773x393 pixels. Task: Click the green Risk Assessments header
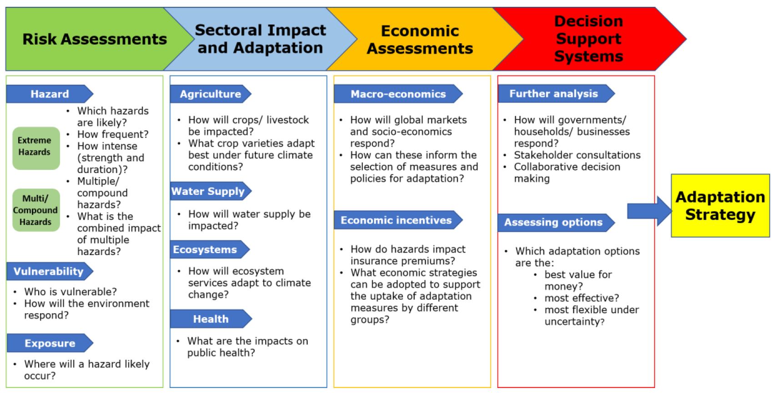tap(95, 39)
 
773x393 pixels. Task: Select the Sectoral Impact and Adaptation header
tap(260, 39)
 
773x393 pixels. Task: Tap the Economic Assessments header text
tap(420, 40)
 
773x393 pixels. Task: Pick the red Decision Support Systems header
tap(588, 39)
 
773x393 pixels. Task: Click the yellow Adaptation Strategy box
tap(720, 205)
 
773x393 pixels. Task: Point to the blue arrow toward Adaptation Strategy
tap(648, 211)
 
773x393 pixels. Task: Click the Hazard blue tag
tap(49, 94)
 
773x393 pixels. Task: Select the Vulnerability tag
tap(49, 271)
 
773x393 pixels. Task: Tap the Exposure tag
tap(50, 343)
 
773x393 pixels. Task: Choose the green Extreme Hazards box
tap(35, 147)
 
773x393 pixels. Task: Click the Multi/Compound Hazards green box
tap(35, 210)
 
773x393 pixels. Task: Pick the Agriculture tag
tap(210, 94)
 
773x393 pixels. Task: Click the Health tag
tap(211, 319)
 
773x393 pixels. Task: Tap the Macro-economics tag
tap(398, 94)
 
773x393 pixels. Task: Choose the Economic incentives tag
tap(397, 220)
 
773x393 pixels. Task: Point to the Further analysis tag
tap(554, 94)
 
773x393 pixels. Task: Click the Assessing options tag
tap(554, 222)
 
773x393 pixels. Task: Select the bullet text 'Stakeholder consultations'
tap(577, 155)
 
